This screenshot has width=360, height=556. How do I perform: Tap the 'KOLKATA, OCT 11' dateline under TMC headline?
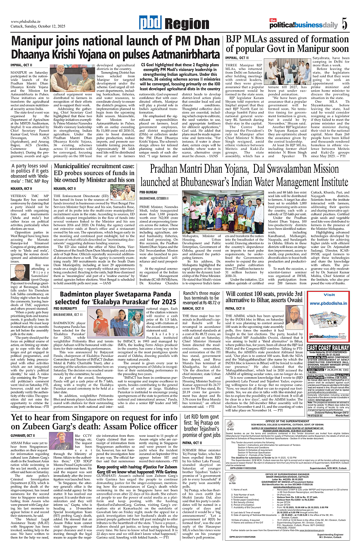tap(22, 188)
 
